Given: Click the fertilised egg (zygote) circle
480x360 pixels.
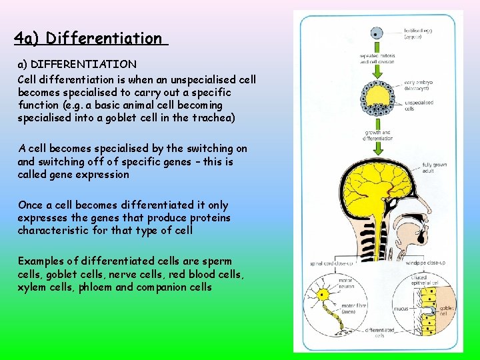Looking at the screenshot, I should click(377, 33).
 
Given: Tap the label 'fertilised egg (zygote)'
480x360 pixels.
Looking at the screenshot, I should click(417, 33).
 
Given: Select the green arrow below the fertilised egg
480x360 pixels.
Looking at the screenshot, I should click(377, 63).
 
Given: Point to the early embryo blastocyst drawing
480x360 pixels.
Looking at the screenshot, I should click(377, 99).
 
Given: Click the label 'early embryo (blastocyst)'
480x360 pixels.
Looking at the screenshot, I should click(419, 86).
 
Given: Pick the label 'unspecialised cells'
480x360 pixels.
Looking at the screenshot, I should click(419, 105).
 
